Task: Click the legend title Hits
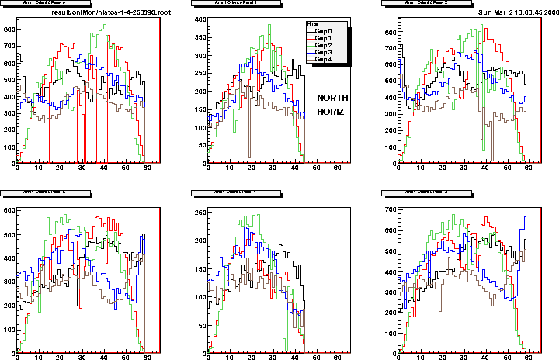pos(312,24)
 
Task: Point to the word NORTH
pos(335,98)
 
